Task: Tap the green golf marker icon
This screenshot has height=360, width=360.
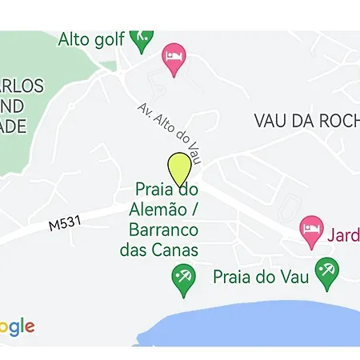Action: [x=142, y=38]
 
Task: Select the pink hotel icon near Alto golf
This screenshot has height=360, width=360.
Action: [x=173, y=58]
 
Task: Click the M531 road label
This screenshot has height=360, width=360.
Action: [x=66, y=225]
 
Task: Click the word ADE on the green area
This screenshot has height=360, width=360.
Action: [x=14, y=126]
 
